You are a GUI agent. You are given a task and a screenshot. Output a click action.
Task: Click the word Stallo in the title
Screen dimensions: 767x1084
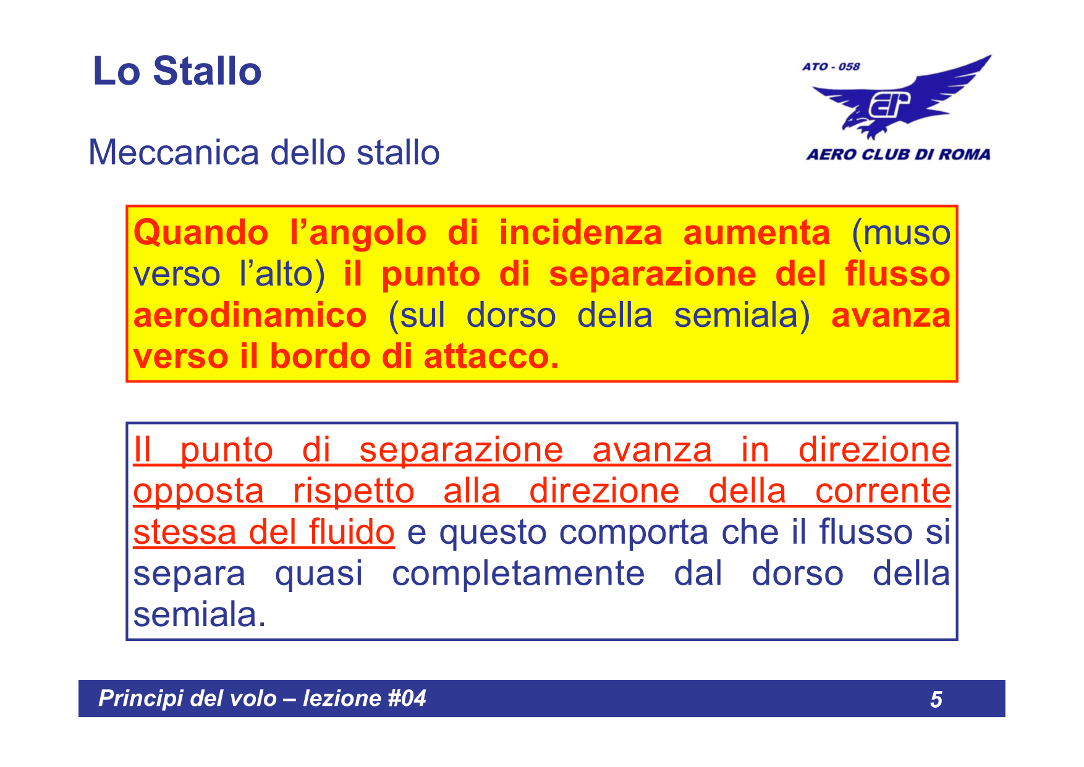pyautogui.click(x=207, y=71)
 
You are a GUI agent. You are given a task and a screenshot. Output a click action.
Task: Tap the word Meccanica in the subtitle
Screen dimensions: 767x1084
pyautogui.click(x=174, y=153)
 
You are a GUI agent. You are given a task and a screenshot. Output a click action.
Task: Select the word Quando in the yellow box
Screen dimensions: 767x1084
pyautogui.click(x=201, y=234)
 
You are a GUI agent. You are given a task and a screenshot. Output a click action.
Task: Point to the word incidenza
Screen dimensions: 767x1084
pyautogui.click(x=580, y=234)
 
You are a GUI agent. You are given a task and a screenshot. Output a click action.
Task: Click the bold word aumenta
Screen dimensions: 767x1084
pyautogui.click(x=756, y=234)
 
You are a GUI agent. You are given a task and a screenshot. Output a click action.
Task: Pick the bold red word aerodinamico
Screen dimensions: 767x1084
pyautogui.click(x=250, y=316)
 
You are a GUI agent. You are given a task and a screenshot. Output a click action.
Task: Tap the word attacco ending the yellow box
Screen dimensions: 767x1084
pyautogui.click(x=491, y=357)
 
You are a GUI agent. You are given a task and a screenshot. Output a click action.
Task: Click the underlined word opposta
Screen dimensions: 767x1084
pyautogui.click(x=198, y=492)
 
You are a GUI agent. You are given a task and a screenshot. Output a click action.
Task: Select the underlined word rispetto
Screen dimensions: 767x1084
pyautogui.click(x=354, y=492)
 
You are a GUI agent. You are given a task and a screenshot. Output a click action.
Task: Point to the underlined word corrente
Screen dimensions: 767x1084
pyautogui.click(x=882, y=492)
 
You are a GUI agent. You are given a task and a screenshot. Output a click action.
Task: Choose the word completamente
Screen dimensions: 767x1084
pyautogui.click(x=518, y=574)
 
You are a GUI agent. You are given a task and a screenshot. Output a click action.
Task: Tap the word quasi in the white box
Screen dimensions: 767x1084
pyautogui.click(x=318, y=574)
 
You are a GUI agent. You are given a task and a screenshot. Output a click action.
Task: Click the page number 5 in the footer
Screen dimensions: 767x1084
pyautogui.click(x=936, y=699)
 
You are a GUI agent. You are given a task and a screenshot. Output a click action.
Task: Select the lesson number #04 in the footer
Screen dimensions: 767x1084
pyautogui.click(x=407, y=698)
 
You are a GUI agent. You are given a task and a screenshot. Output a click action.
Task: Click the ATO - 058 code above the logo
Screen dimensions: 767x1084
pyautogui.click(x=831, y=67)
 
